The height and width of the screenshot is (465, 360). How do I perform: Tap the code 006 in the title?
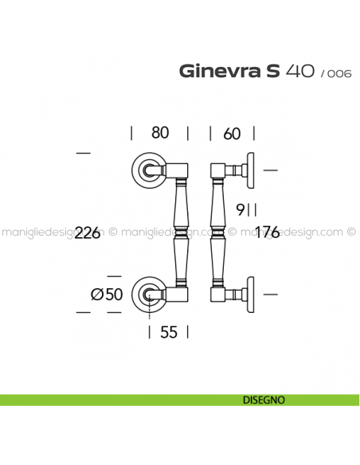tap(335, 73)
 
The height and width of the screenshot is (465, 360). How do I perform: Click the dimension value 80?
tap(159, 134)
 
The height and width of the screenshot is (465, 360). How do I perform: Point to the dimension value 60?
tap(232, 134)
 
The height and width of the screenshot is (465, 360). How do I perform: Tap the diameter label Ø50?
tap(108, 294)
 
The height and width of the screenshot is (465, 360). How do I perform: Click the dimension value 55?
tap(168, 333)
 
